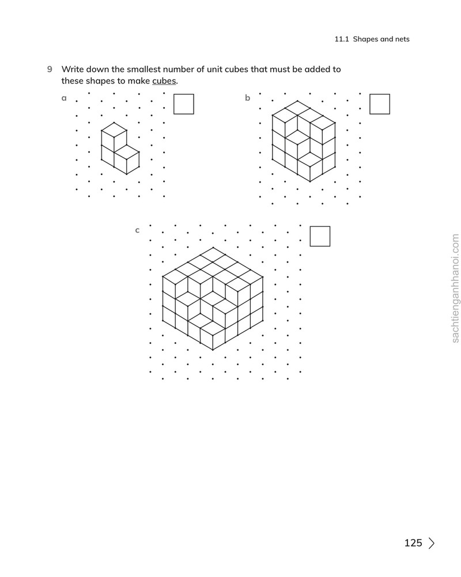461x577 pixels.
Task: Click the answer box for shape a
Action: click(x=183, y=104)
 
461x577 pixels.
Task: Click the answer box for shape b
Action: click(x=380, y=104)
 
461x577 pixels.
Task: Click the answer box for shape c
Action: click(x=320, y=236)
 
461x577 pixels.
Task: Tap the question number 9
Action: click(x=50, y=69)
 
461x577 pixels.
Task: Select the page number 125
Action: click(x=413, y=543)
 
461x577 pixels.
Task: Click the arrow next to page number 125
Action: click(x=432, y=543)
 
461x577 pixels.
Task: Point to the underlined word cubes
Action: click(x=164, y=81)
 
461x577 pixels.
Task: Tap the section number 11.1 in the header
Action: click(x=342, y=39)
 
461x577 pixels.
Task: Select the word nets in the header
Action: click(x=402, y=39)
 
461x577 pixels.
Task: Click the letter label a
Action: click(x=64, y=98)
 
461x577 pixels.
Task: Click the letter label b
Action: click(x=247, y=97)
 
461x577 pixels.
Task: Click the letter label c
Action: click(x=137, y=230)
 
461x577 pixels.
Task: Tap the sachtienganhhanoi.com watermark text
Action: click(x=455, y=288)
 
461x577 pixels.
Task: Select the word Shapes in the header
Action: click(x=366, y=39)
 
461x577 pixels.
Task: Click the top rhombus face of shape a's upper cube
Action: click(x=114, y=130)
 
